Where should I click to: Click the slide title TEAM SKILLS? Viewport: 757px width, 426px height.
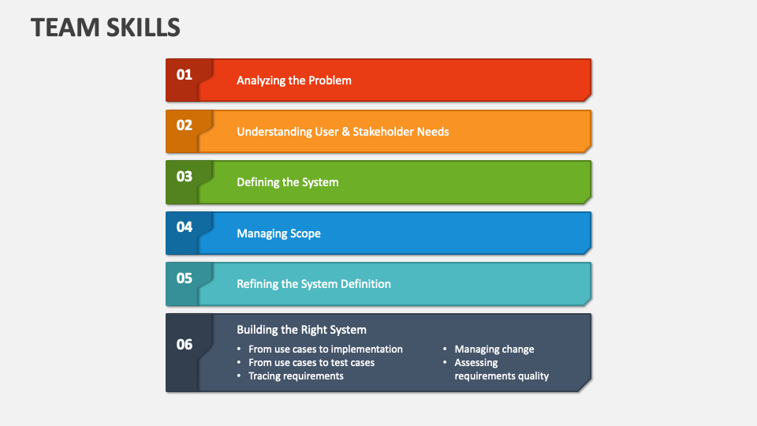point(106,28)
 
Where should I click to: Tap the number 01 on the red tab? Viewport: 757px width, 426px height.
point(184,75)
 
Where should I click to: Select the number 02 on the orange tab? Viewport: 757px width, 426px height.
point(184,125)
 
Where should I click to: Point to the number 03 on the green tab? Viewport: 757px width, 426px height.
point(184,177)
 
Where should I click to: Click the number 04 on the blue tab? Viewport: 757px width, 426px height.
point(184,227)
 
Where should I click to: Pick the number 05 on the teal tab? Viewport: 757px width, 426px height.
point(184,278)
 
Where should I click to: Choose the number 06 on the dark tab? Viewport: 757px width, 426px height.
point(184,345)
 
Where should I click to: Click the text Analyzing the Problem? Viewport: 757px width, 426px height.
point(294,80)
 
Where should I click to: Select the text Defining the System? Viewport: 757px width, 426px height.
point(288,182)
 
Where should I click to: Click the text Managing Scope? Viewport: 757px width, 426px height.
point(278,234)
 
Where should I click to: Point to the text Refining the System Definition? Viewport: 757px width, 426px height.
point(314,284)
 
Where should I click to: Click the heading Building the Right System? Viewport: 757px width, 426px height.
point(301,330)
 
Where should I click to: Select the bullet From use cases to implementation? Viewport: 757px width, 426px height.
point(325,349)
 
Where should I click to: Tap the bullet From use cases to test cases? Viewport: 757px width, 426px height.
point(311,363)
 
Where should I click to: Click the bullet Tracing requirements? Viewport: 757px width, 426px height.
point(296,376)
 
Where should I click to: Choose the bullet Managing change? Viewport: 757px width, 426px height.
point(494,349)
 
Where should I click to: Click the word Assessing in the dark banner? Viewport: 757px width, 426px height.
point(476,363)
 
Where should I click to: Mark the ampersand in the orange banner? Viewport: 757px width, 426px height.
point(345,132)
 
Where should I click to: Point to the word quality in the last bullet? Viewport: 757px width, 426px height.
point(533,376)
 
